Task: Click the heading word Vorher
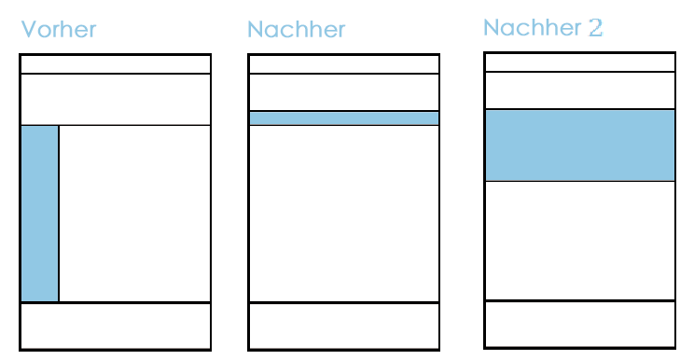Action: click(x=59, y=30)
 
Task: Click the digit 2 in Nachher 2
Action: click(x=596, y=28)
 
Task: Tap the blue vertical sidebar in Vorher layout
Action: click(x=39, y=214)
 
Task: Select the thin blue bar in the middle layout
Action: click(x=344, y=118)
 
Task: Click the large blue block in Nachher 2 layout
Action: click(x=580, y=145)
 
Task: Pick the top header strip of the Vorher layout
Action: click(x=116, y=64)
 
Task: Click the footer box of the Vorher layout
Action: click(x=116, y=326)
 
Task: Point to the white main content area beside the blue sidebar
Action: click(x=134, y=214)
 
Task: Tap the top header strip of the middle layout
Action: click(x=344, y=64)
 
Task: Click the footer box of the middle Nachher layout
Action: click(x=344, y=326)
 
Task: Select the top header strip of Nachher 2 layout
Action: click(x=580, y=62)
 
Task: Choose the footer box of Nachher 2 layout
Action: click(x=580, y=325)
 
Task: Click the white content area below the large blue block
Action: click(x=580, y=241)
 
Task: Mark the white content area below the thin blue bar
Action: click(x=344, y=214)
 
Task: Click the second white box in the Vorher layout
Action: click(x=116, y=100)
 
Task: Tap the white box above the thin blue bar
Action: click(x=344, y=92)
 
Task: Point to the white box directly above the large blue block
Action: click(x=580, y=90)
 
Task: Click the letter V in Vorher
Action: click(x=29, y=30)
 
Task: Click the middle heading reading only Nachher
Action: click(x=296, y=30)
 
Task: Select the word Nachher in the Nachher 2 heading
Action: click(x=532, y=28)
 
